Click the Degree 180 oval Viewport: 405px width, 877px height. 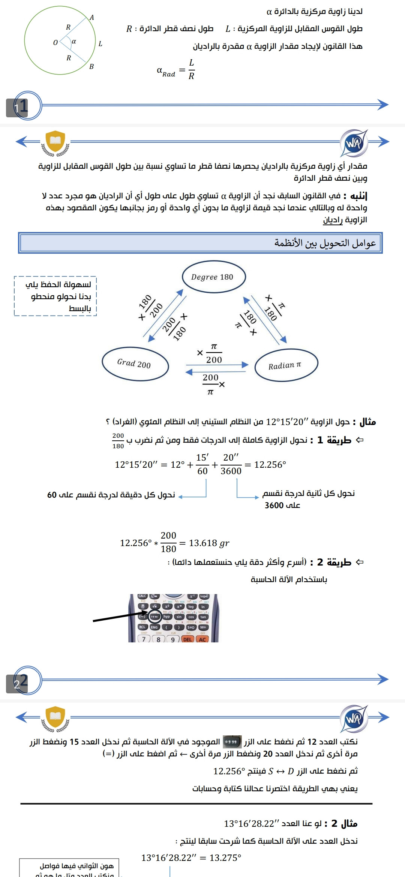(214, 277)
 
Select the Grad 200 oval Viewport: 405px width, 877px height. (135, 364)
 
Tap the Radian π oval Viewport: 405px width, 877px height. (286, 365)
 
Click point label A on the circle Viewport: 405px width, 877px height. (91, 18)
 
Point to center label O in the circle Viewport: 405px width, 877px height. (55, 43)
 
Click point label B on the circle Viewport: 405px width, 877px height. (91, 67)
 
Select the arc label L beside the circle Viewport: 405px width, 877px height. (100, 44)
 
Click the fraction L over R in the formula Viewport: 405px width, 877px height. (191, 69)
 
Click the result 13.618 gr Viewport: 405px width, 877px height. (209, 543)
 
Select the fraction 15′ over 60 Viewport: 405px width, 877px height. (202, 464)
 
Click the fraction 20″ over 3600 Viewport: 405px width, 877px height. (231, 464)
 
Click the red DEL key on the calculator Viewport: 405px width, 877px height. (187, 639)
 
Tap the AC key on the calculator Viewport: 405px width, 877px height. (202, 639)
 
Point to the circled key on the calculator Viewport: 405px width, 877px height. (154, 617)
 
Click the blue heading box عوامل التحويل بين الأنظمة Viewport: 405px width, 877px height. (200, 243)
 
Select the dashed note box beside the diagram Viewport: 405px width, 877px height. (55, 296)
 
